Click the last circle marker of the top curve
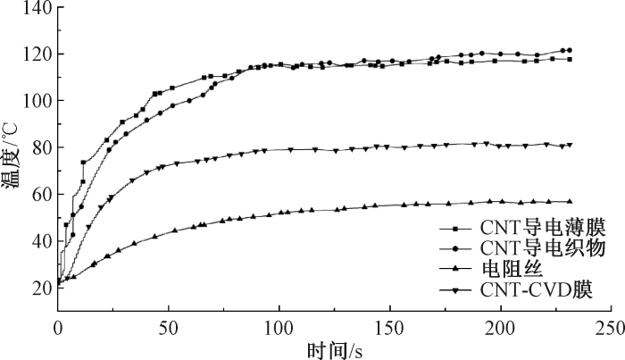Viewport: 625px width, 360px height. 569,50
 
